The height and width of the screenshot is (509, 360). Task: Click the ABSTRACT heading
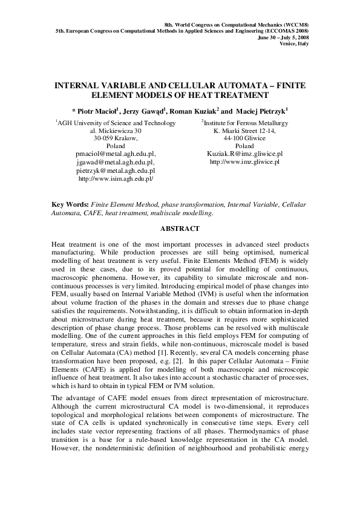180,229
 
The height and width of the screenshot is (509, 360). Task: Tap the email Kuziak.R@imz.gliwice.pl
244,154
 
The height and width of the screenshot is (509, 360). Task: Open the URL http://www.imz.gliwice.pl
244,162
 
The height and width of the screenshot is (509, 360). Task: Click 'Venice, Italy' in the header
294,44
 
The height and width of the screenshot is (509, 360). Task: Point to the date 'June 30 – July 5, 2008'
283,36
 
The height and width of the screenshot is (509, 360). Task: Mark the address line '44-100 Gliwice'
244,138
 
